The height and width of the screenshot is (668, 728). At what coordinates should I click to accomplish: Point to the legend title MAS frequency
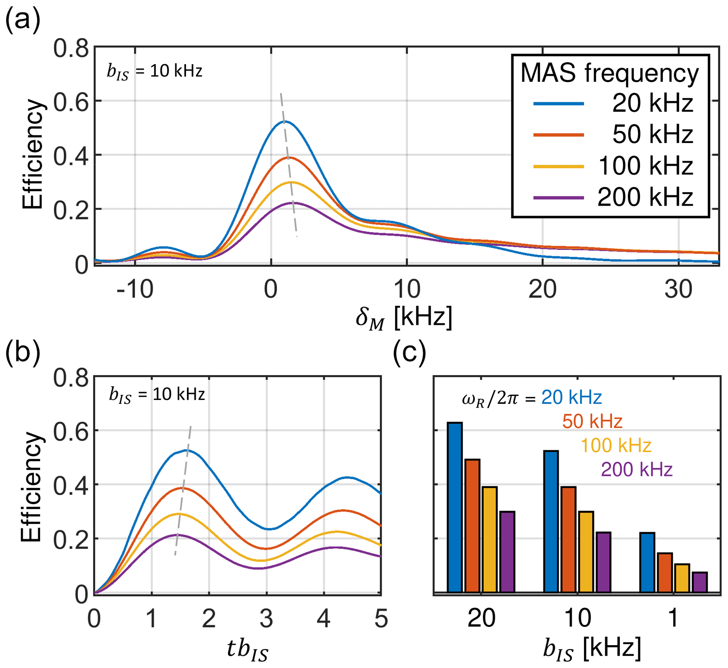[610, 73]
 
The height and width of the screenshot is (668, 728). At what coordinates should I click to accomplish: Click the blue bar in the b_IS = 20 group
[455, 507]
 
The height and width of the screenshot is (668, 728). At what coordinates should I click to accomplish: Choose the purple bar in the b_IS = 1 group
[700, 582]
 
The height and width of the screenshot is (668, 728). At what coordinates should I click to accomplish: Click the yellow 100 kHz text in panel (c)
[616, 446]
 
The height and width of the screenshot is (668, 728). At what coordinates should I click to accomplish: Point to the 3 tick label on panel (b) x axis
[266, 619]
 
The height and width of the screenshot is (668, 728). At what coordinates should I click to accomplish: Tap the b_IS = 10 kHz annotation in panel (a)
[154, 71]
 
